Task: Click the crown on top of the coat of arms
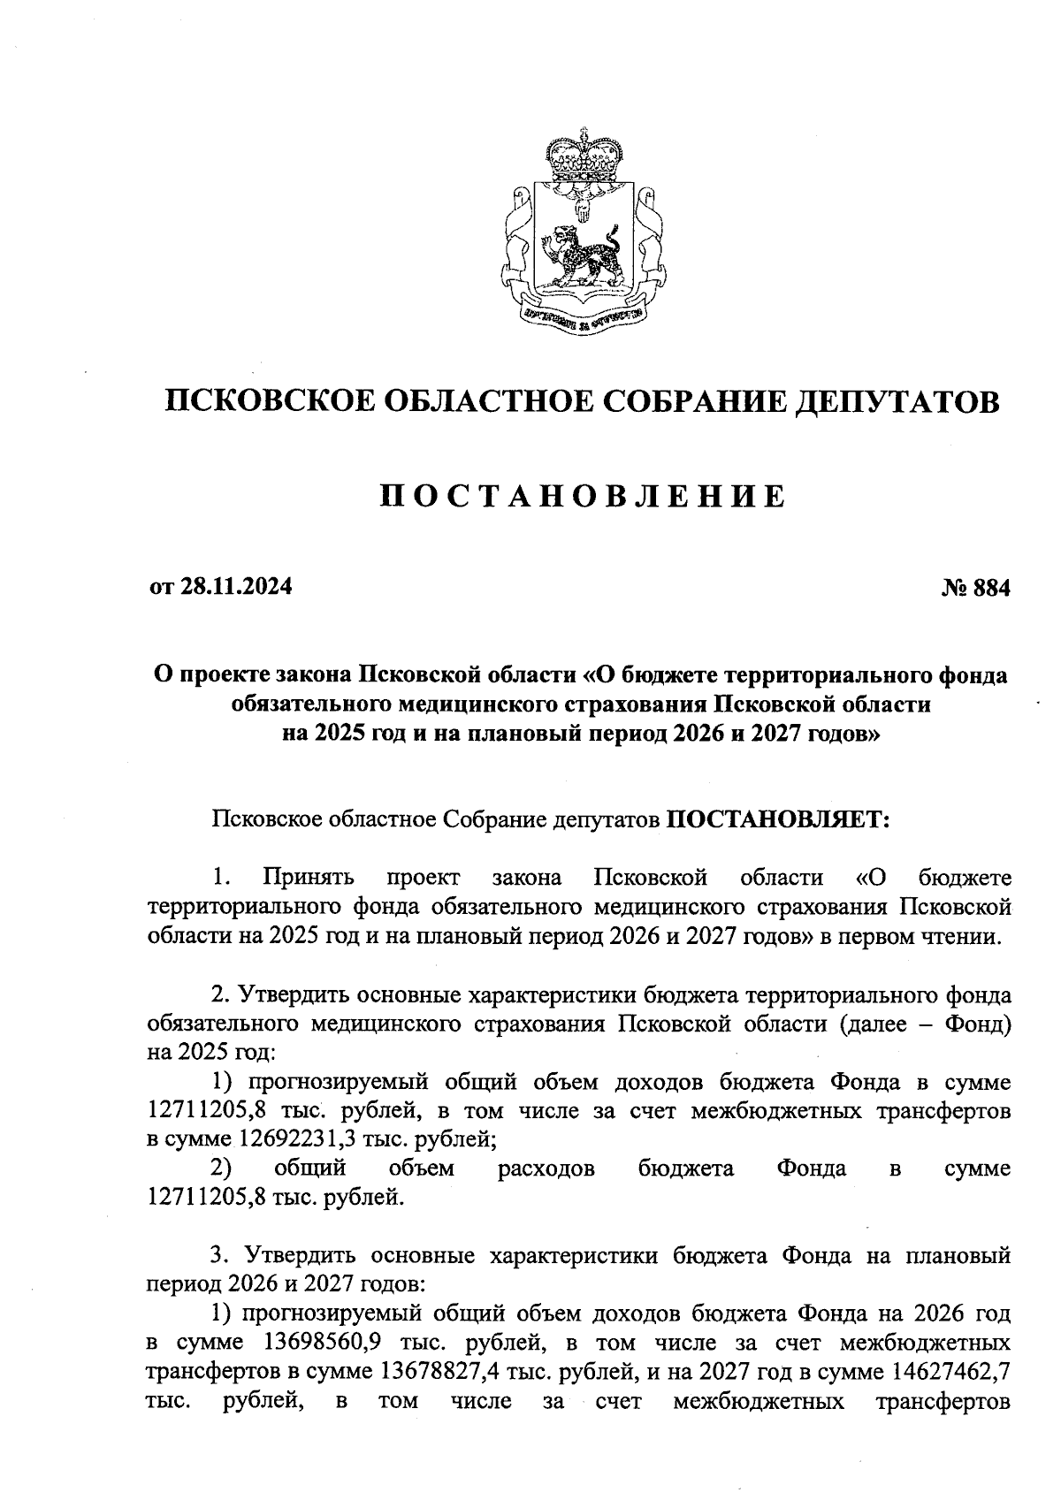pyautogui.click(x=582, y=157)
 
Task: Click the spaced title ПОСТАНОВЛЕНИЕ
pyautogui.click(x=583, y=497)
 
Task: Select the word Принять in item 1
pyautogui.click(x=309, y=878)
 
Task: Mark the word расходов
pyautogui.click(x=546, y=1169)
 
